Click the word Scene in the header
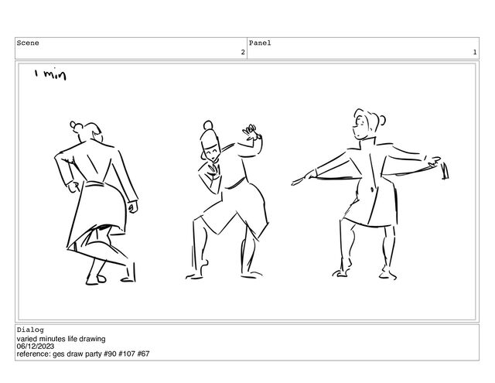(28, 43)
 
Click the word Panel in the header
(260, 43)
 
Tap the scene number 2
(243, 52)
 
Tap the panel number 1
(474, 52)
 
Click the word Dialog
(30, 330)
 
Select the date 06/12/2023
(36, 347)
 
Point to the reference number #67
(143, 354)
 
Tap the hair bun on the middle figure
(208, 125)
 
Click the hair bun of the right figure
(382, 120)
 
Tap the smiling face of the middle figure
(211, 154)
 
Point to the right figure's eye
(358, 122)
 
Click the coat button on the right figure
(372, 189)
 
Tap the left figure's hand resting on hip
(74, 187)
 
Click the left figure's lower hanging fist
(132, 207)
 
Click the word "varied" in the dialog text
(27, 339)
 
